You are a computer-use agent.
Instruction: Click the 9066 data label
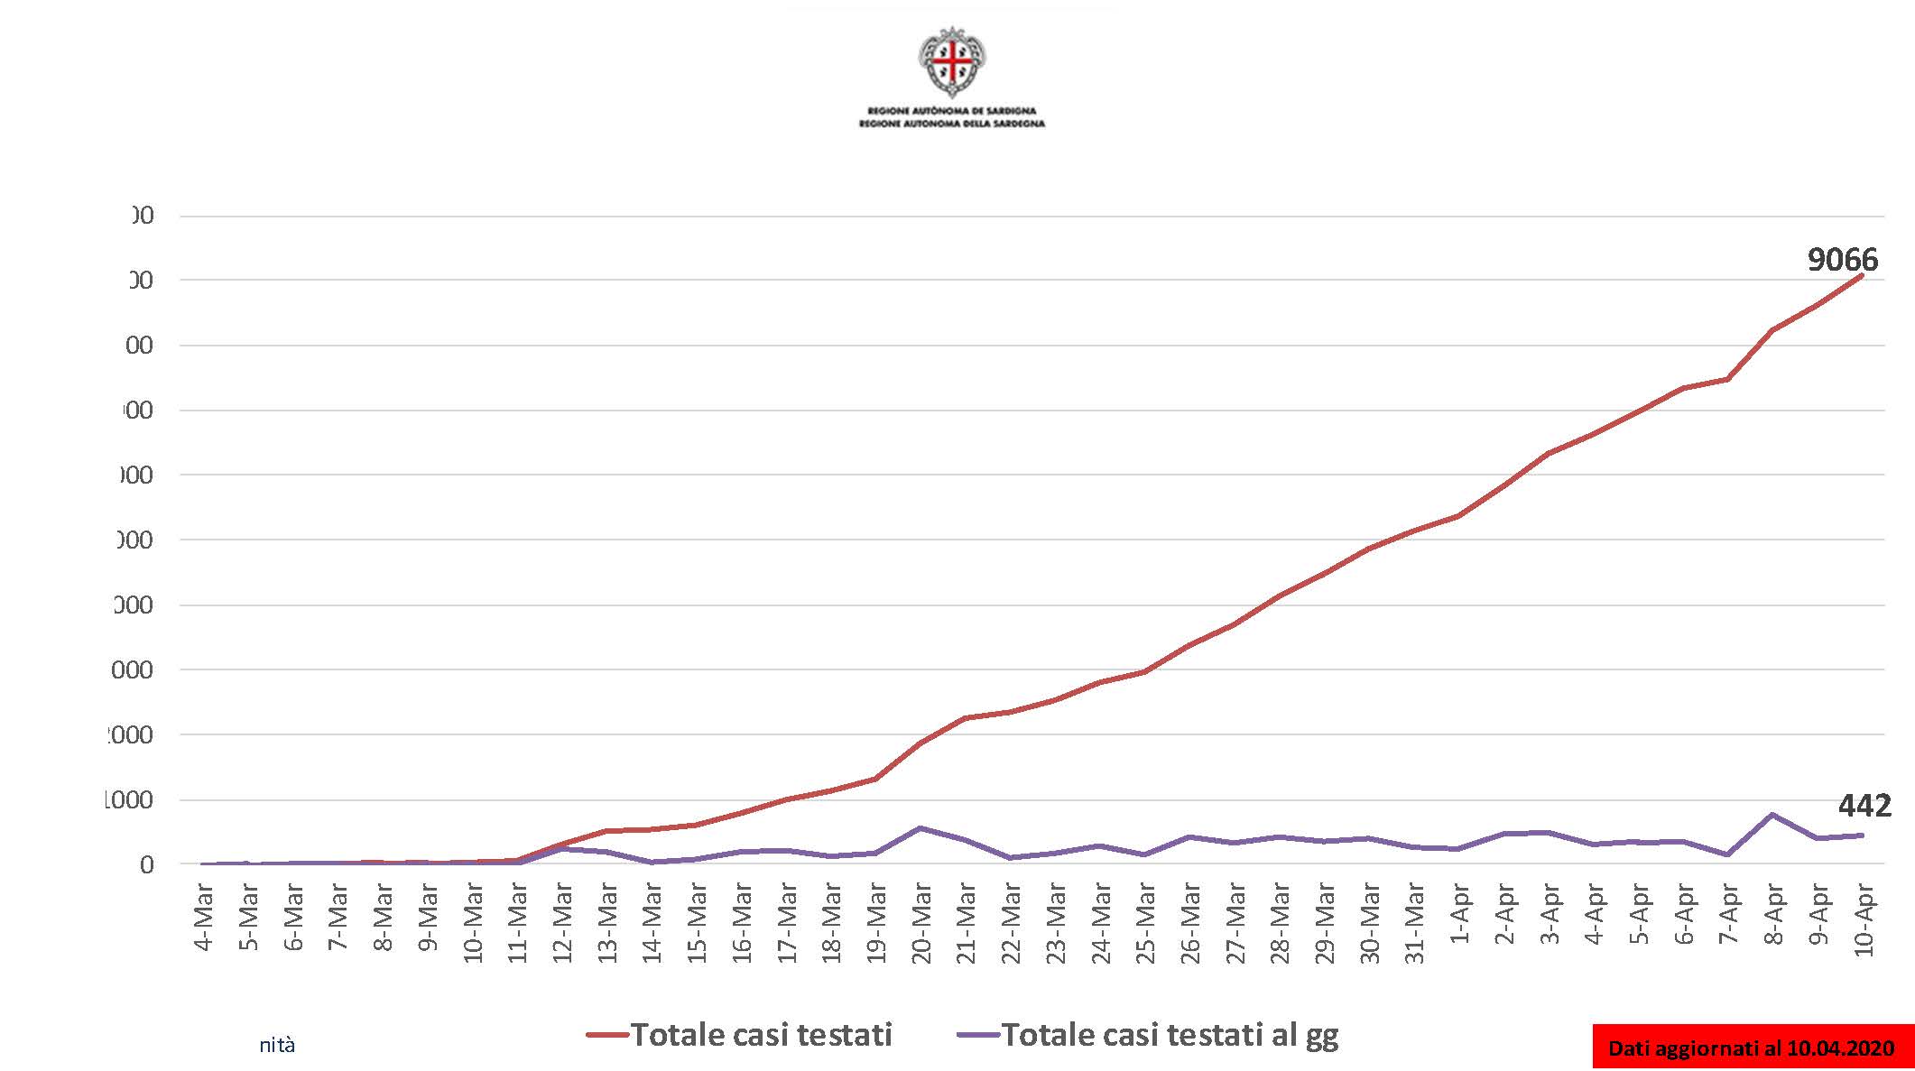[x=1842, y=260]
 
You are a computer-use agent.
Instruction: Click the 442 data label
[x=1864, y=805]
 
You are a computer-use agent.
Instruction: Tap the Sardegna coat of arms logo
[x=952, y=61]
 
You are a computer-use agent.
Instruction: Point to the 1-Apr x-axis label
[x=1459, y=915]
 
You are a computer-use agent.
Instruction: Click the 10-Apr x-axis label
[x=1864, y=919]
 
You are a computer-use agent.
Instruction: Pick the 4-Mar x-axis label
[x=204, y=917]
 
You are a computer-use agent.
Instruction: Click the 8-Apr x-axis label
[x=1774, y=915]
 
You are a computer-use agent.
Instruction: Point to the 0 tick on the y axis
[x=146, y=864]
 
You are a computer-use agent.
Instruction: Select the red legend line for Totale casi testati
[x=607, y=1035]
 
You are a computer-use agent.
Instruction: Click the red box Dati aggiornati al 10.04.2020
[x=1751, y=1048]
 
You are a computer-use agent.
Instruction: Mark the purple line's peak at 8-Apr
[x=1773, y=815]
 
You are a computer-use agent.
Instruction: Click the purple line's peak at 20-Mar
[x=920, y=827]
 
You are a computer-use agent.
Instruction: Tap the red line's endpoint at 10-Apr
[x=1862, y=275]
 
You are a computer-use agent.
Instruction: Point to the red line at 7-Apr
[x=1727, y=379]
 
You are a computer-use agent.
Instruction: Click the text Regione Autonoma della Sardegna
[x=952, y=124]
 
